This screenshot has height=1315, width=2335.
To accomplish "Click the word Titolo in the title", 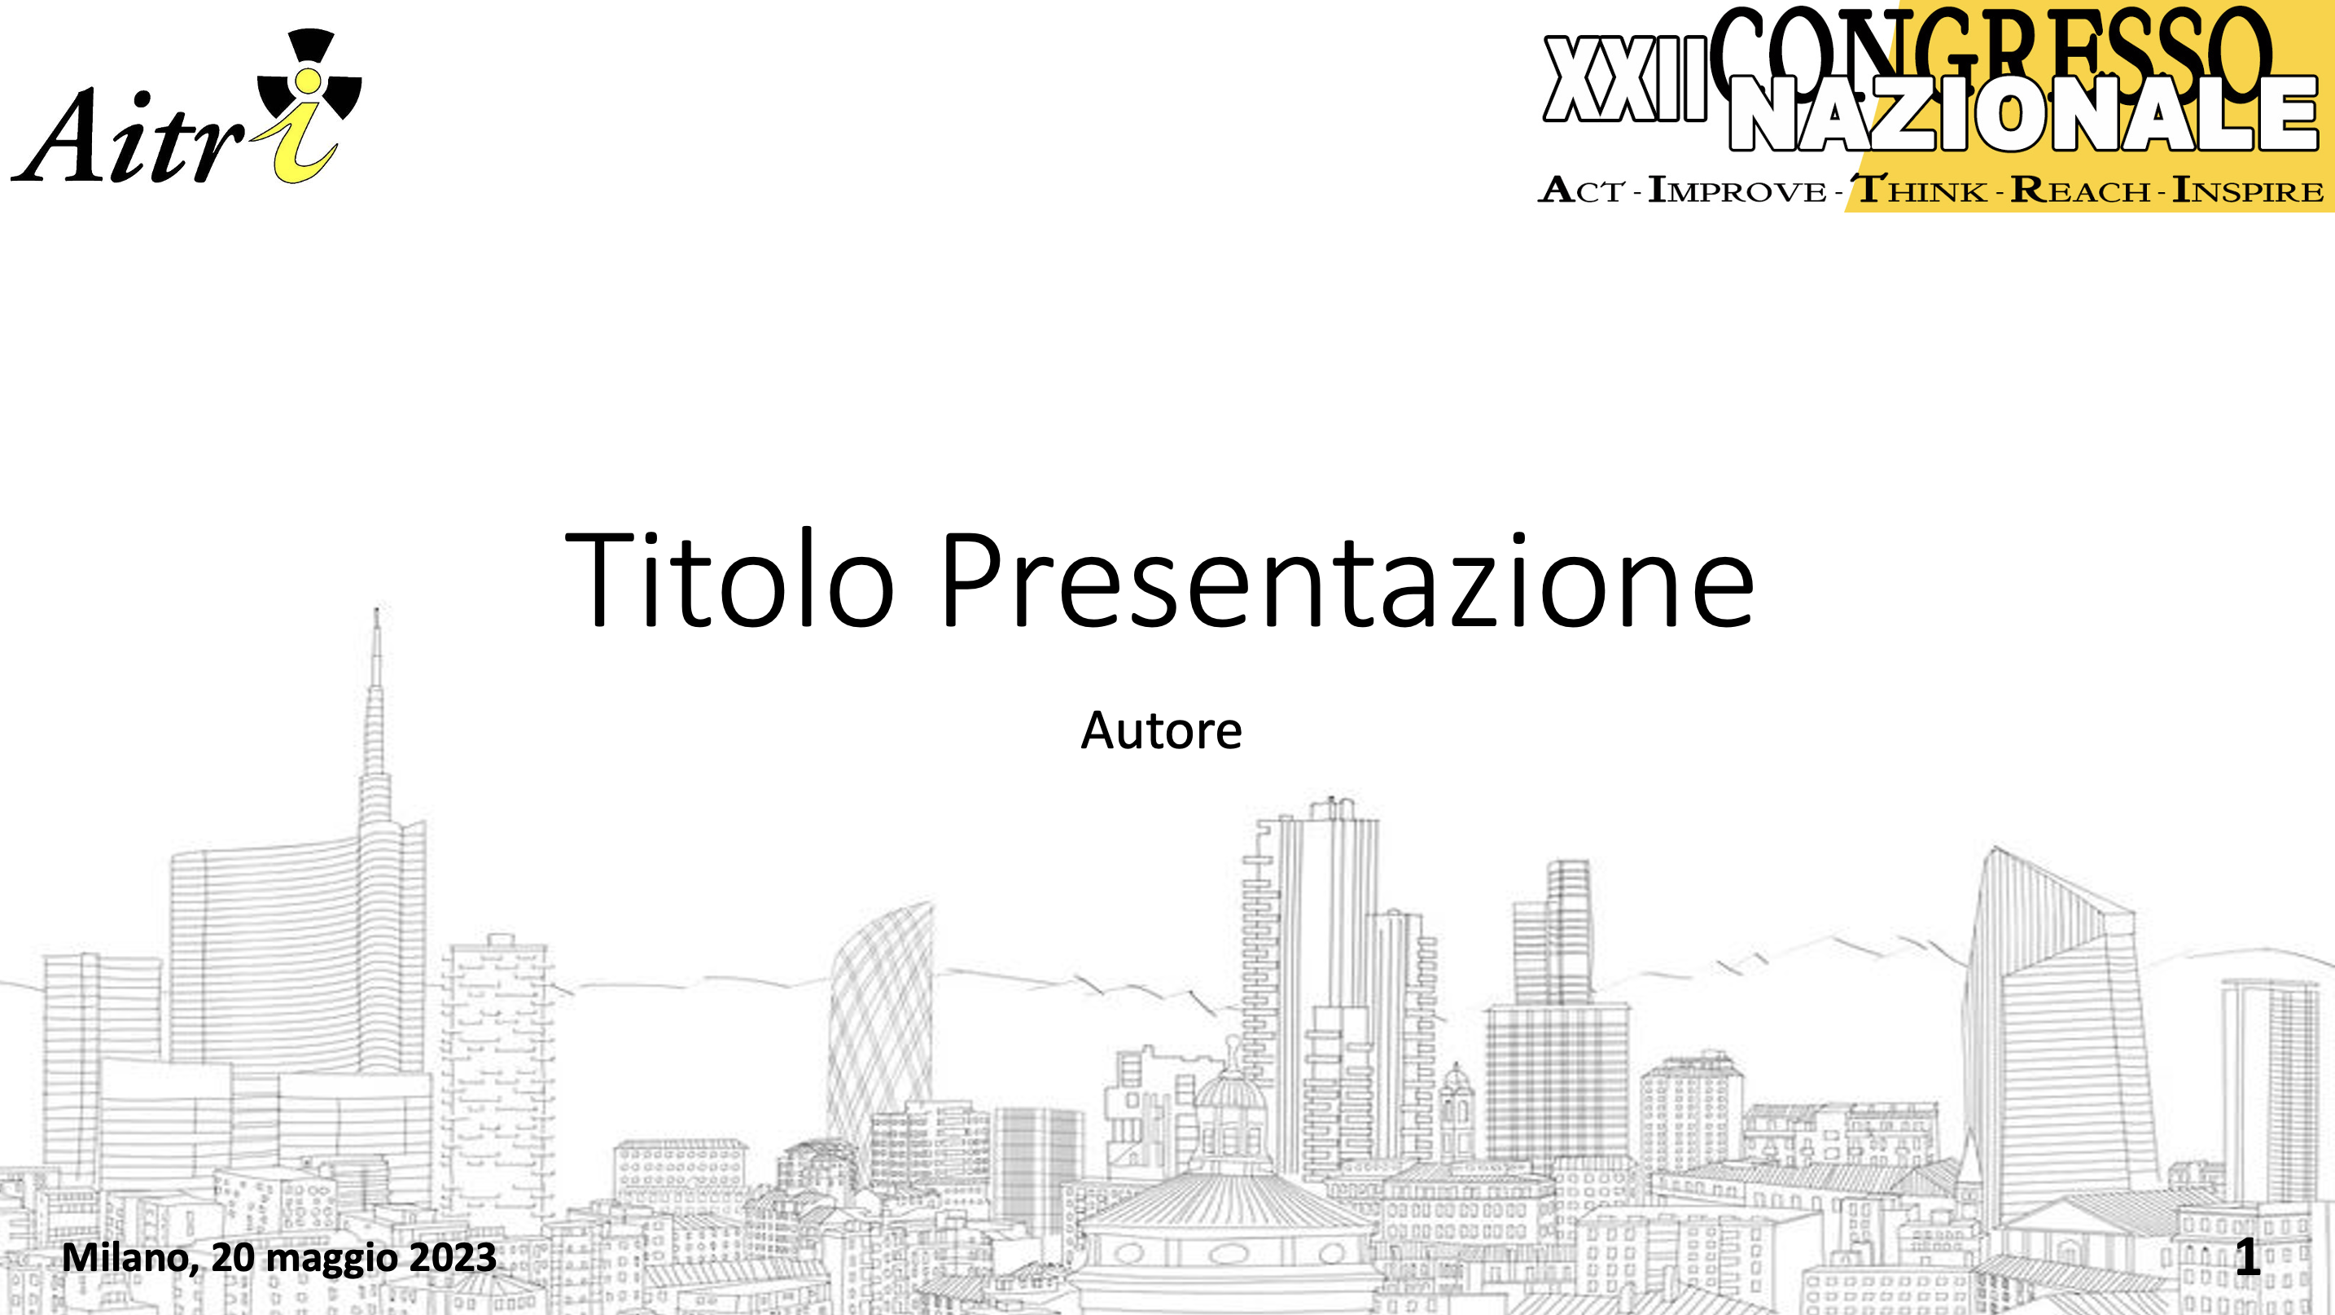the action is click(x=729, y=579).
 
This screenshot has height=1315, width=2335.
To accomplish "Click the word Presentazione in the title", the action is click(x=1348, y=580).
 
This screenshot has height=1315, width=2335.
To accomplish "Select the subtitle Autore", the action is click(x=1161, y=730).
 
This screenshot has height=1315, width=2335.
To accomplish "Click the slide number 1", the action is click(x=2247, y=1257).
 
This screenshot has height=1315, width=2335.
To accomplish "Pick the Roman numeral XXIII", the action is click(x=1625, y=80).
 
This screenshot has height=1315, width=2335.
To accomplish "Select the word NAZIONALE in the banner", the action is click(x=2023, y=113).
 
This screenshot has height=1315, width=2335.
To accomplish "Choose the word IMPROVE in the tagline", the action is click(x=1737, y=191).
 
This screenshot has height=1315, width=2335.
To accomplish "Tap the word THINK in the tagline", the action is click(x=1920, y=191).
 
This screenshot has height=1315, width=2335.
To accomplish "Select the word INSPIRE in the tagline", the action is click(x=2248, y=191).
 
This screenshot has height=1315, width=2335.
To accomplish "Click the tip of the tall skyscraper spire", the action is click(x=377, y=609).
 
